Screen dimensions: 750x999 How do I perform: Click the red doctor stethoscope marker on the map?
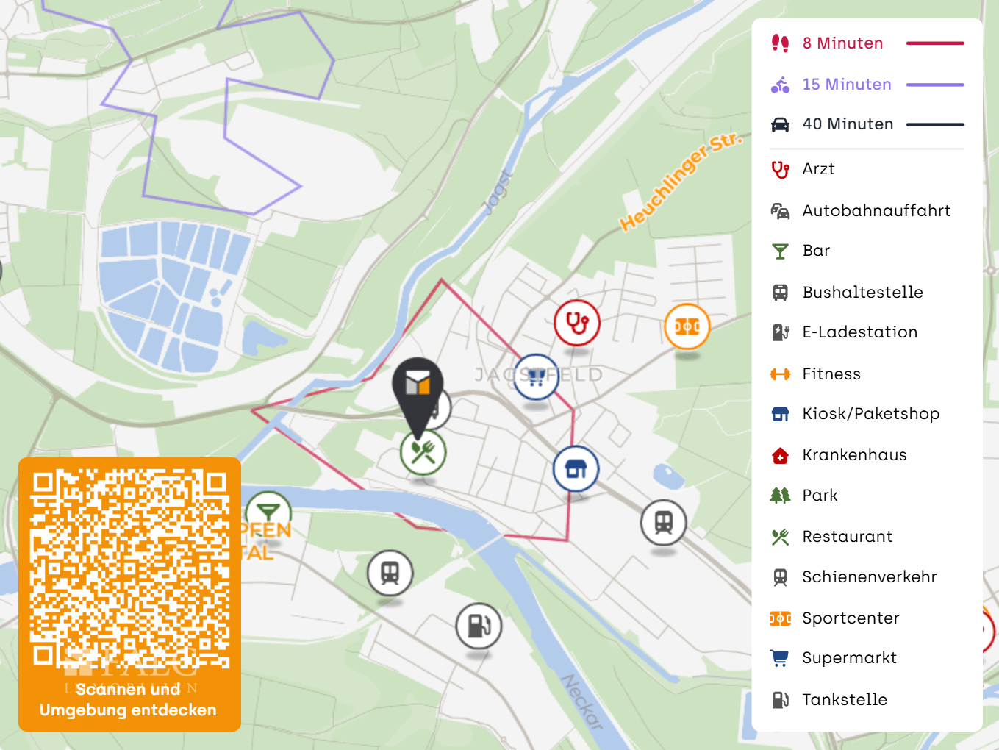[577, 323]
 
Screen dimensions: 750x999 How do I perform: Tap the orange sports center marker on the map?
[687, 326]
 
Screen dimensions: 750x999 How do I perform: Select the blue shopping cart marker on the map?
[536, 377]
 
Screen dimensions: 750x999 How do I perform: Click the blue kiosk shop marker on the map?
[576, 468]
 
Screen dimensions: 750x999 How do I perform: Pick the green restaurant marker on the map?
[423, 451]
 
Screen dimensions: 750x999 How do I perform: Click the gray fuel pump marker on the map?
[479, 626]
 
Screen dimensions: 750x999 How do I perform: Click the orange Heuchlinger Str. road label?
[681, 182]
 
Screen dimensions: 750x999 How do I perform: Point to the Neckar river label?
[582, 701]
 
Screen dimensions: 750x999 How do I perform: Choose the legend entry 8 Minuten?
[842, 43]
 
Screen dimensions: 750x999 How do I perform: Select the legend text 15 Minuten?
[846, 85]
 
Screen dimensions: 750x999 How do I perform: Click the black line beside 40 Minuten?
[935, 125]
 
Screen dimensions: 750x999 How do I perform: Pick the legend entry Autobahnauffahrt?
[876, 211]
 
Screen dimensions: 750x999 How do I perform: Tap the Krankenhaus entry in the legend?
[854, 455]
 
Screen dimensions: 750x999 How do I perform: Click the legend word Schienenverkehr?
[869, 577]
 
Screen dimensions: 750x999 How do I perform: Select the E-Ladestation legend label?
[859, 332]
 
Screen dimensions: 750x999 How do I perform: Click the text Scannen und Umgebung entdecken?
[128, 700]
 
